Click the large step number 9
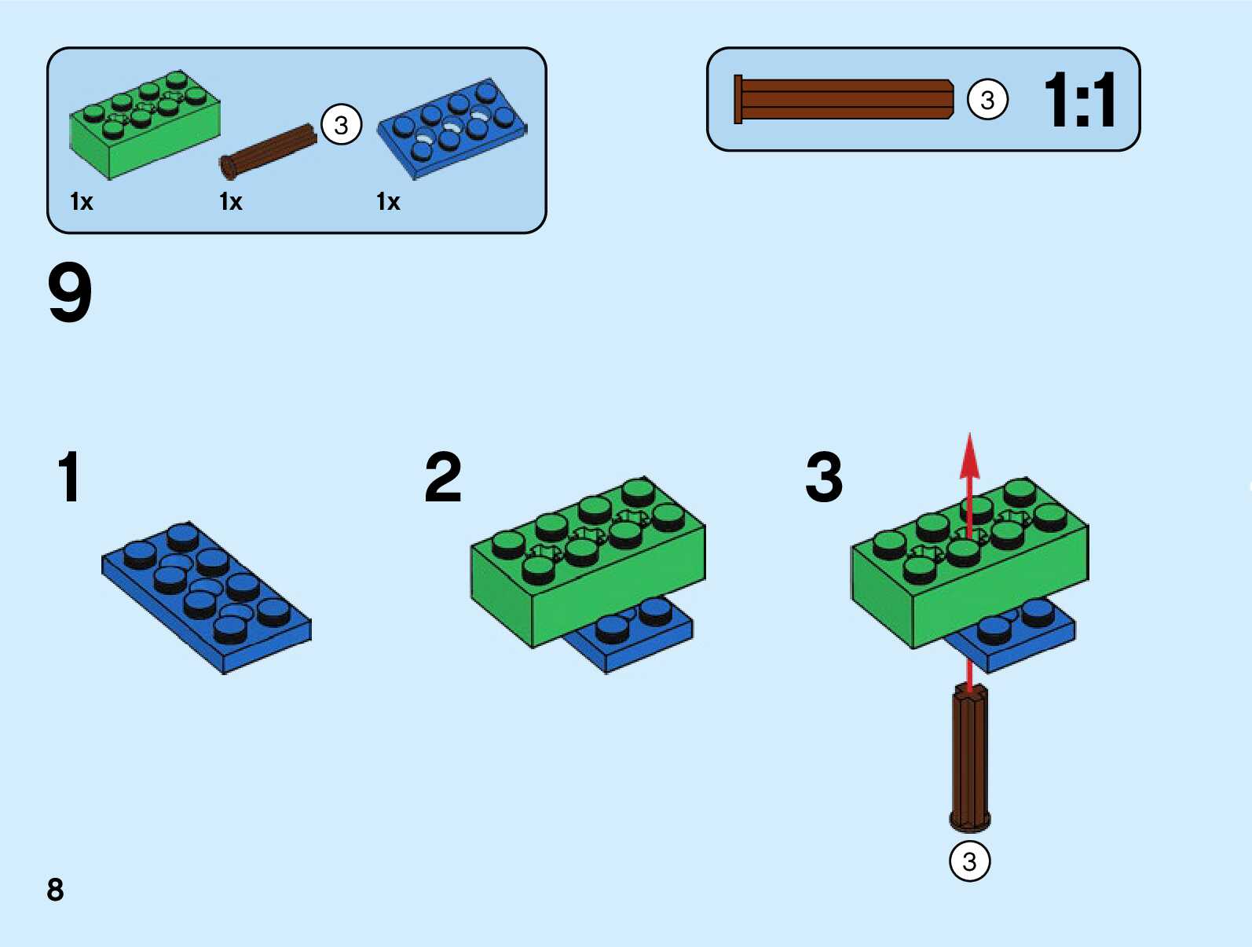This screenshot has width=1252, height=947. (x=70, y=293)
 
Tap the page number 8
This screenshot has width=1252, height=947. (x=55, y=890)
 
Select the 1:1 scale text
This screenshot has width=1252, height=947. (x=1080, y=100)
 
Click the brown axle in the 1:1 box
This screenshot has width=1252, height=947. (x=844, y=100)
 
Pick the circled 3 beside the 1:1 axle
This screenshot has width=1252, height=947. (x=987, y=100)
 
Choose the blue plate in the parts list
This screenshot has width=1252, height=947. (x=452, y=128)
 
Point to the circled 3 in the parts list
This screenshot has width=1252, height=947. (x=341, y=125)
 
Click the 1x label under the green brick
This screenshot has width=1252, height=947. (x=82, y=202)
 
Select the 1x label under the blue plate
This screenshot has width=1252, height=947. (x=388, y=202)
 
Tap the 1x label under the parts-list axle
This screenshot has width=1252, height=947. (x=231, y=202)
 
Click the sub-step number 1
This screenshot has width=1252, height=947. (x=69, y=477)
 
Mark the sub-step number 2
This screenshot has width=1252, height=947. (x=443, y=477)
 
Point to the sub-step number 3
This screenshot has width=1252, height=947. (x=824, y=477)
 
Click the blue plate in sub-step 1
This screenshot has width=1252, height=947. (x=207, y=597)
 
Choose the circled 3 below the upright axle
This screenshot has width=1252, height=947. (x=970, y=861)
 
